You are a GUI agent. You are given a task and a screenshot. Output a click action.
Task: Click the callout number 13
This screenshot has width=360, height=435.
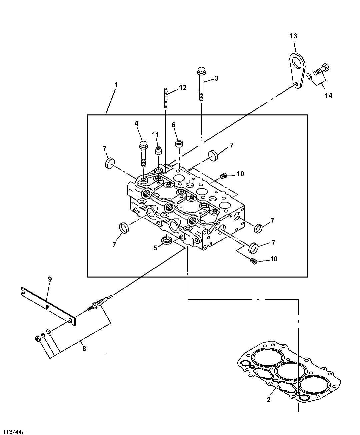293,36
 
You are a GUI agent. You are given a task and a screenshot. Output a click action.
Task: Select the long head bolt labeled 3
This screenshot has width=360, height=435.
201,83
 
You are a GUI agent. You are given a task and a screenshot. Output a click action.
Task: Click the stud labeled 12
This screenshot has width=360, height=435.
166,97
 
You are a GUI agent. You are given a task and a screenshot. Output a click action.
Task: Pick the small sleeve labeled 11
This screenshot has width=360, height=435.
158,150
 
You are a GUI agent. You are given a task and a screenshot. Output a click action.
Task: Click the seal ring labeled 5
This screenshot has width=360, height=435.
166,240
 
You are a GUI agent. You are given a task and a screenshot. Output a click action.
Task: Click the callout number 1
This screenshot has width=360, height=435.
116,85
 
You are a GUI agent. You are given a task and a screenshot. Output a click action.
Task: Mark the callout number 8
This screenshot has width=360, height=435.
84,349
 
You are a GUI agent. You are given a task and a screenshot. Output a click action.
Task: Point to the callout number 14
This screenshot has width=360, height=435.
328,95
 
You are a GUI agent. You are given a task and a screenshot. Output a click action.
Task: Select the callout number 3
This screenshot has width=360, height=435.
216,78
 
